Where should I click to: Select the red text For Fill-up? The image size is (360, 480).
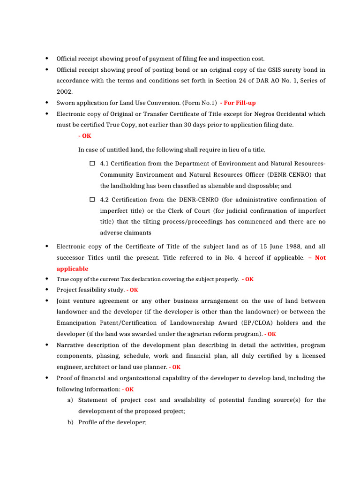239,103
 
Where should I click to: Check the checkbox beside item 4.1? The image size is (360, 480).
92,164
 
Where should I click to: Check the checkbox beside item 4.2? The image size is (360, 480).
92,199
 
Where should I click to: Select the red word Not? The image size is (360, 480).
320,257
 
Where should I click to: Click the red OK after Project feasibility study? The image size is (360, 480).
134,290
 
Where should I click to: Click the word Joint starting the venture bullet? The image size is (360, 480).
65,300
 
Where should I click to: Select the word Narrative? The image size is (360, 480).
70,345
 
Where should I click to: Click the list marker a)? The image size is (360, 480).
70,400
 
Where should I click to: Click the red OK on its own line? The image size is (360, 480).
85,135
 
